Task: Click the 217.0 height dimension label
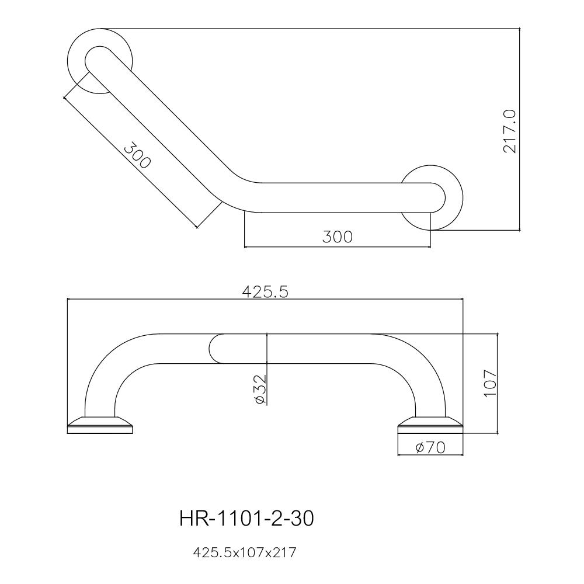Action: click(x=510, y=131)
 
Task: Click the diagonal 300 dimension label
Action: click(x=137, y=155)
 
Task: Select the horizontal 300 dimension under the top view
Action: click(x=337, y=237)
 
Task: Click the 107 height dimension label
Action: click(x=491, y=383)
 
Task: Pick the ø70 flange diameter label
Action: click(x=430, y=447)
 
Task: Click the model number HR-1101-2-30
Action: click(x=246, y=519)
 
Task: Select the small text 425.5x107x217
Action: click(x=245, y=552)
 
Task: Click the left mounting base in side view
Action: click(x=100, y=425)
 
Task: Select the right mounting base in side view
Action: click(x=430, y=425)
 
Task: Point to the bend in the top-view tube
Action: click(x=237, y=193)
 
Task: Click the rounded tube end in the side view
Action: click(x=215, y=349)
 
